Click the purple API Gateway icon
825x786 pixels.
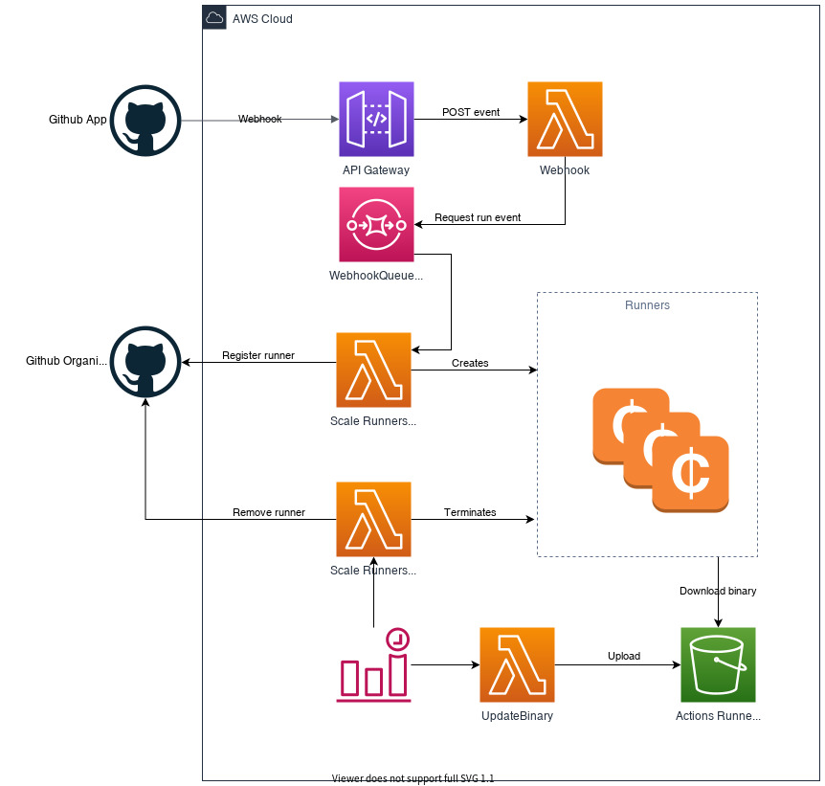376,119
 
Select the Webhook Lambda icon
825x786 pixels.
565,119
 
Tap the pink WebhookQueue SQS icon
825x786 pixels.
376,224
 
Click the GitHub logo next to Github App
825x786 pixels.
145,121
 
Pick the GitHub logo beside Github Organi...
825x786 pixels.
145,362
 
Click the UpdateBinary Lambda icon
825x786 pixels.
517,664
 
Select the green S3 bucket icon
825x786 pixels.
718,664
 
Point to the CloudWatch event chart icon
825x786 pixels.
373,664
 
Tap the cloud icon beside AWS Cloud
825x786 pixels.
214,18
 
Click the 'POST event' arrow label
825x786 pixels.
471,112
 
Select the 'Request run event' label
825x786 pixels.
478,217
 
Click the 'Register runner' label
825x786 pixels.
258,355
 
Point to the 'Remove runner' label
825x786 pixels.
269,512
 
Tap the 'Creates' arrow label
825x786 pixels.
470,363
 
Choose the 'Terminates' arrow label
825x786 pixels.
470,512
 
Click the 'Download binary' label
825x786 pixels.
718,591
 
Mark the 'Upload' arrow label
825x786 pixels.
624,656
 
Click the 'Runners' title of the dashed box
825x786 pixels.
647,305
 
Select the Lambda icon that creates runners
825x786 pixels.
373,370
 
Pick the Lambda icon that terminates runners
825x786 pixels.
373,519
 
